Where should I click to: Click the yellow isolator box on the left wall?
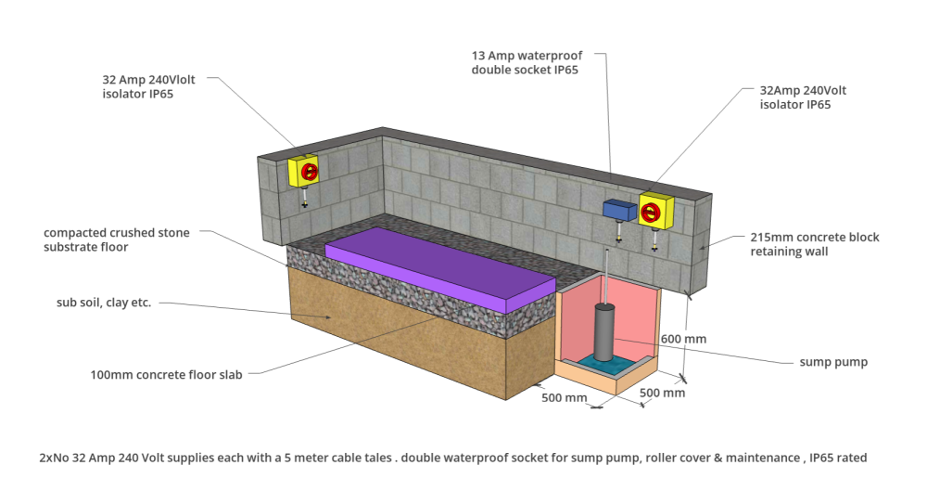click(x=303, y=171)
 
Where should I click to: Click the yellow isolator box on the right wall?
click(x=655, y=211)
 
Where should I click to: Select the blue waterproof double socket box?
click(x=619, y=210)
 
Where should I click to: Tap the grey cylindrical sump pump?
click(x=604, y=332)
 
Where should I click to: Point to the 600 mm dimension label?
click(x=683, y=339)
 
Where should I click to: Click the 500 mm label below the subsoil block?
click(x=564, y=397)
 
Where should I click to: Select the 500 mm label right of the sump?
click(x=662, y=393)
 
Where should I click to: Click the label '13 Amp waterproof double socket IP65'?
click(x=527, y=62)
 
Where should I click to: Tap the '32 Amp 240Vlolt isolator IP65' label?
click(x=148, y=86)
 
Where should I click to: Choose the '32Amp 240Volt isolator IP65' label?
click(x=803, y=97)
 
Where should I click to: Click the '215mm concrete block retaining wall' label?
click(x=815, y=244)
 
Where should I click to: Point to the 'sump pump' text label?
click(x=833, y=362)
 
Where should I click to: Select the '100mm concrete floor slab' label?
click(x=166, y=374)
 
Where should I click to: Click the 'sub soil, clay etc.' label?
click(x=104, y=302)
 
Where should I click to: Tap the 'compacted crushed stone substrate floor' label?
click(x=117, y=239)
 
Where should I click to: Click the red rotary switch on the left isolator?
click(x=310, y=172)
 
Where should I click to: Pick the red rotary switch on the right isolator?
click(x=650, y=212)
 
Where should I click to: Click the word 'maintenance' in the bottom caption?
click(x=763, y=458)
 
